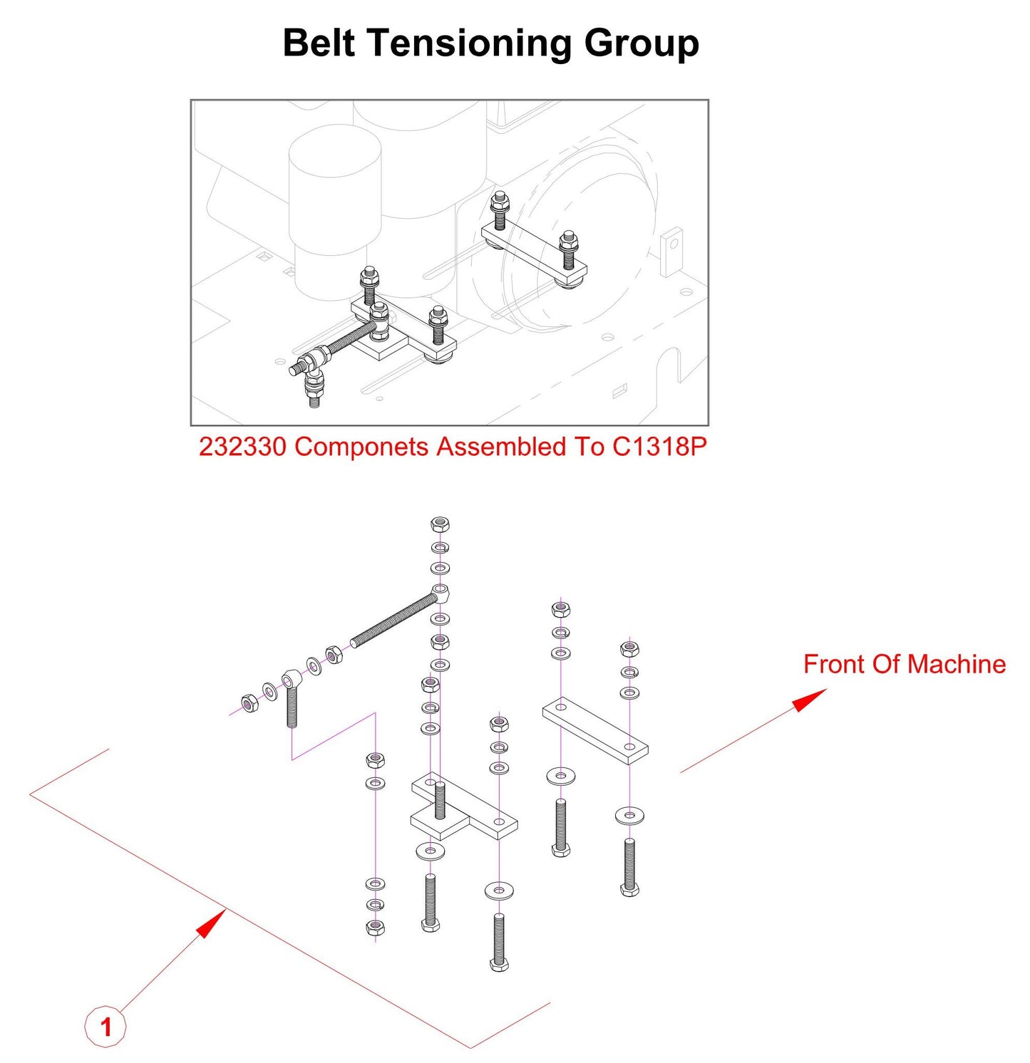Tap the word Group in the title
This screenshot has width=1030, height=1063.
pos(642,43)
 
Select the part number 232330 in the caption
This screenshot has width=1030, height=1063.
pos(242,447)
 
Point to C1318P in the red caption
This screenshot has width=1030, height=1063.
pos(659,447)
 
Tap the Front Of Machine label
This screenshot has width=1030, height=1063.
pos(904,664)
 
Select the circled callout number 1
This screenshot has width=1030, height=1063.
pos(105,1027)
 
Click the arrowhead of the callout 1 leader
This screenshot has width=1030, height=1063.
pos(211,923)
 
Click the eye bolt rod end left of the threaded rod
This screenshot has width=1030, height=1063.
pos(291,698)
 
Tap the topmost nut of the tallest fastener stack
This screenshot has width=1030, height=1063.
pos(440,525)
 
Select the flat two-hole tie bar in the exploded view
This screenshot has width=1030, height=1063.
pos(595,730)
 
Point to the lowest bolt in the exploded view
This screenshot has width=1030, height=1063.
pos(499,940)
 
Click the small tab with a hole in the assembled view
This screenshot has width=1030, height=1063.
pos(671,250)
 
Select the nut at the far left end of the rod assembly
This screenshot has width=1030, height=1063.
pos(249,703)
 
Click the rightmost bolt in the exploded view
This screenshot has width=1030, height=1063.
pos(629,866)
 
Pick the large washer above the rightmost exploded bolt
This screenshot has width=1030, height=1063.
pos(629,814)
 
